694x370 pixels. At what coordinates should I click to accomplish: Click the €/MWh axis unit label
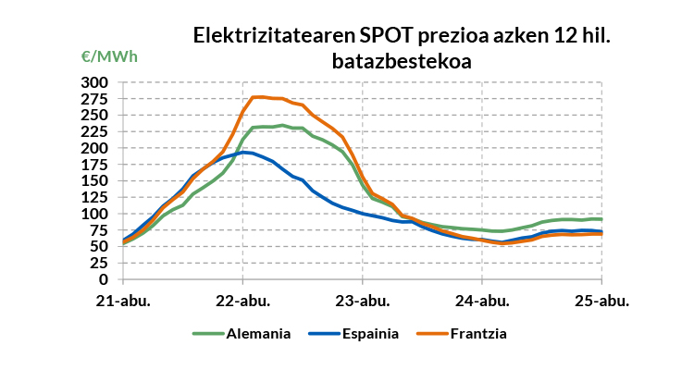click(109, 56)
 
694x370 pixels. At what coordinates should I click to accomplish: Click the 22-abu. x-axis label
click(242, 301)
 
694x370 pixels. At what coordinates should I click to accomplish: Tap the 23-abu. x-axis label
click(362, 301)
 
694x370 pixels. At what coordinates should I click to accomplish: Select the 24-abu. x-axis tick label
click(482, 301)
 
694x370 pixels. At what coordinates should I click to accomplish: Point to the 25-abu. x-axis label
click(602, 301)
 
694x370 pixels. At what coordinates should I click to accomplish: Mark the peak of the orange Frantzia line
click(258, 96)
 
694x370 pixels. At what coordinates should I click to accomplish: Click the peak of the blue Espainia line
click(243, 152)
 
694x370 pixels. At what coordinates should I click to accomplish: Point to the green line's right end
click(601, 219)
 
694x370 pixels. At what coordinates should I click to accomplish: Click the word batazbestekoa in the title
click(403, 61)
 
